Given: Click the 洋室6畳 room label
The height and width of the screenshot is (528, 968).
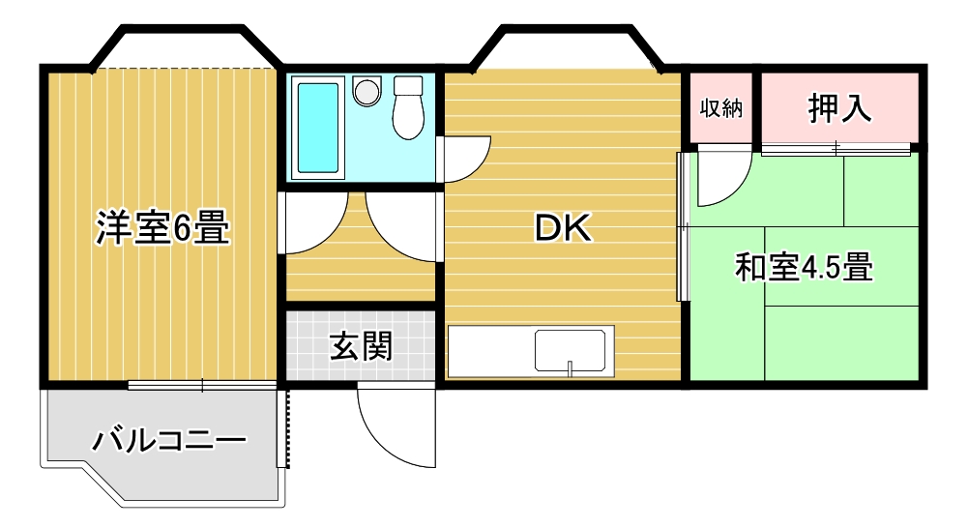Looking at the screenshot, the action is (x=163, y=227).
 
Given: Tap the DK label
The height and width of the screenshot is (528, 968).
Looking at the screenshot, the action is (x=563, y=228).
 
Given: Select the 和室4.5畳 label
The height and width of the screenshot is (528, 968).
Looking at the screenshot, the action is (x=804, y=268).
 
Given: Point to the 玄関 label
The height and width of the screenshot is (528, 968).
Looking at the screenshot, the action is (x=361, y=346).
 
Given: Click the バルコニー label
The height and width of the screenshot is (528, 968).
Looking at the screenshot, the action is (x=169, y=440).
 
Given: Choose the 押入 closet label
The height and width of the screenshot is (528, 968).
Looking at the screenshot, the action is (x=839, y=108).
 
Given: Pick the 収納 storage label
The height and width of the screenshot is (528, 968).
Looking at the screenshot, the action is (x=721, y=108).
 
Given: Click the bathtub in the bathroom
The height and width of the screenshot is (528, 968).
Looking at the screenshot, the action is (x=318, y=128).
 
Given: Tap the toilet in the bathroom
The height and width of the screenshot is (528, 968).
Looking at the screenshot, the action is (x=408, y=107).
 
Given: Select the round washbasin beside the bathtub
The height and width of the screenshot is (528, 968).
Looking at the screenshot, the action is (x=367, y=92).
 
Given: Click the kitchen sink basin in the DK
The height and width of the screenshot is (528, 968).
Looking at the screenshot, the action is (x=570, y=351).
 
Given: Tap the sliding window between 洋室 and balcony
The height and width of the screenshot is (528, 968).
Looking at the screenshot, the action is (x=202, y=386).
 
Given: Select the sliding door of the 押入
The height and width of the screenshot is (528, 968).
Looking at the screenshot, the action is (x=836, y=148).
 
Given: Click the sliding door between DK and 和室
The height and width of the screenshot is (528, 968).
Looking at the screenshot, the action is (x=682, y=226).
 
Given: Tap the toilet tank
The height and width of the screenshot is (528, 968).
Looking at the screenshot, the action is (x=408, y=85).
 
